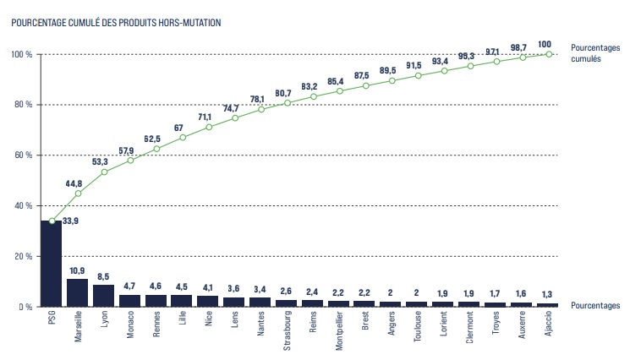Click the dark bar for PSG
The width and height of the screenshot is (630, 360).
pyautogui.click(x=52, y=264)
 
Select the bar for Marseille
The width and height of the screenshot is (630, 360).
pyautogui.click(x=78, y=292)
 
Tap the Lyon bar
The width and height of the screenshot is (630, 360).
pyautogui.click(x=104, y=296)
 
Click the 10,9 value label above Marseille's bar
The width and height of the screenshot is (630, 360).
pyautogui.click(x=77, y=270)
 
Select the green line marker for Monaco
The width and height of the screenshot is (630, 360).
pyautogui.click(x=130, y=161)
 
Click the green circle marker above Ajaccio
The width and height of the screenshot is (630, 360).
pyautogui.click(x=549, y=54)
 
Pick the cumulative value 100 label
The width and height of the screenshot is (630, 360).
pyautogui.click(x=545, y=44)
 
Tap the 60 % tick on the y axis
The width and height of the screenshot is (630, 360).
pyautogui.click(x=23, y=155)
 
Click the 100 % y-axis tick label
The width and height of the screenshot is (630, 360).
pyautogui.click(x=21, y=54)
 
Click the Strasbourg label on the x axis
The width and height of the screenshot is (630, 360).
pyautogui.click(x=288, y=330)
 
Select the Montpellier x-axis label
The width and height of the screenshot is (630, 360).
pyautogui.click(x=340, y=331)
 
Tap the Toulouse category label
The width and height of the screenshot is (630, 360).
pyautogui.click(x=419, y=329)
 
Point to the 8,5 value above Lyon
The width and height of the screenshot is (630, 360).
pyautogui.click(x=103, y=276)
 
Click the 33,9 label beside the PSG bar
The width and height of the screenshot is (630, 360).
pyautogui.click(x=72, y=221)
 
